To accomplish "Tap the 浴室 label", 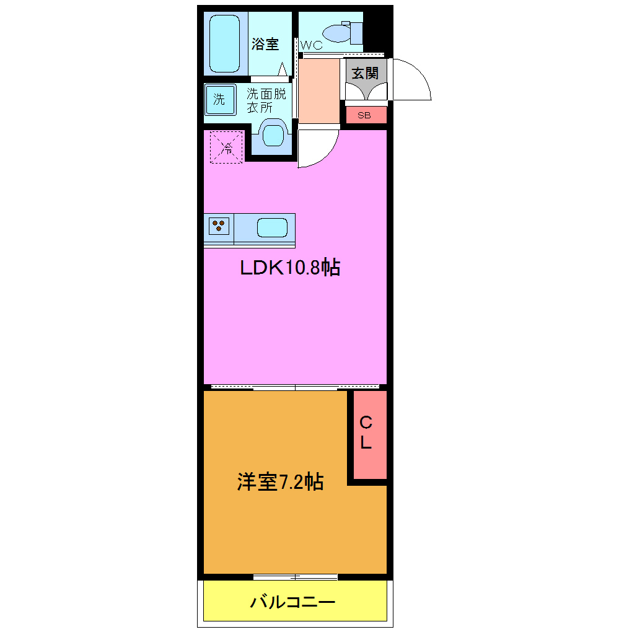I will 265,45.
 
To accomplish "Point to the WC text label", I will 311,45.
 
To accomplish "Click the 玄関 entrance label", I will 365,72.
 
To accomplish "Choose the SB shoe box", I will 364,115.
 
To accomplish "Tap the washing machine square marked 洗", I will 220,100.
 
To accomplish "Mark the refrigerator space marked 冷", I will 226,147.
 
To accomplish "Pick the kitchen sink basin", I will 272,228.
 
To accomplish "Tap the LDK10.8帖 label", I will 290,268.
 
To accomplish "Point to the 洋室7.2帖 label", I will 279,481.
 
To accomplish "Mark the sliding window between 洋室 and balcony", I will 296,577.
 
